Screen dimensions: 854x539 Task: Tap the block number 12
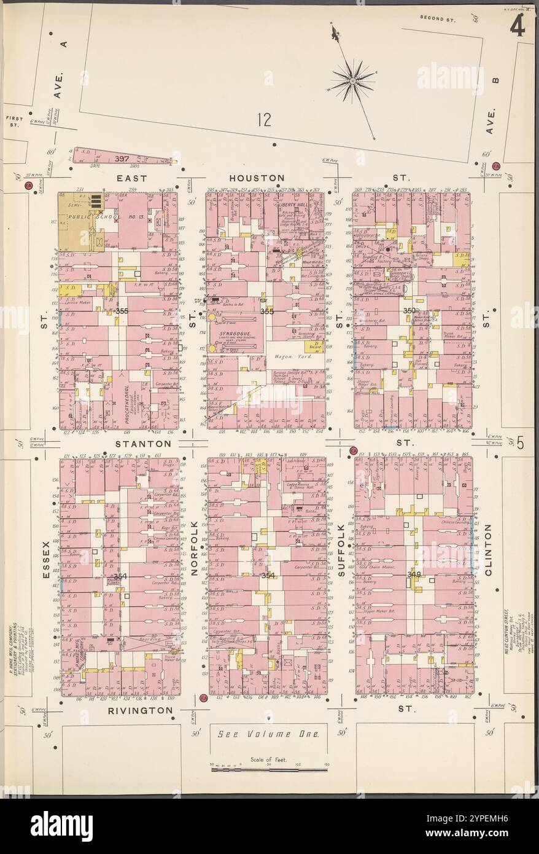point(264,120)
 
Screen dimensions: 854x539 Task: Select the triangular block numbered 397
point(123,159)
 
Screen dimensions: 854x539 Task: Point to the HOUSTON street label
point(264,178)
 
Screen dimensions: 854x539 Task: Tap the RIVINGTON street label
point(141,710)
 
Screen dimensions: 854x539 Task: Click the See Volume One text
point(269,734)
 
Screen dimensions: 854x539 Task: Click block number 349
point(414,574)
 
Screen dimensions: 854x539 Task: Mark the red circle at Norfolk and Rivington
point(203,698)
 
